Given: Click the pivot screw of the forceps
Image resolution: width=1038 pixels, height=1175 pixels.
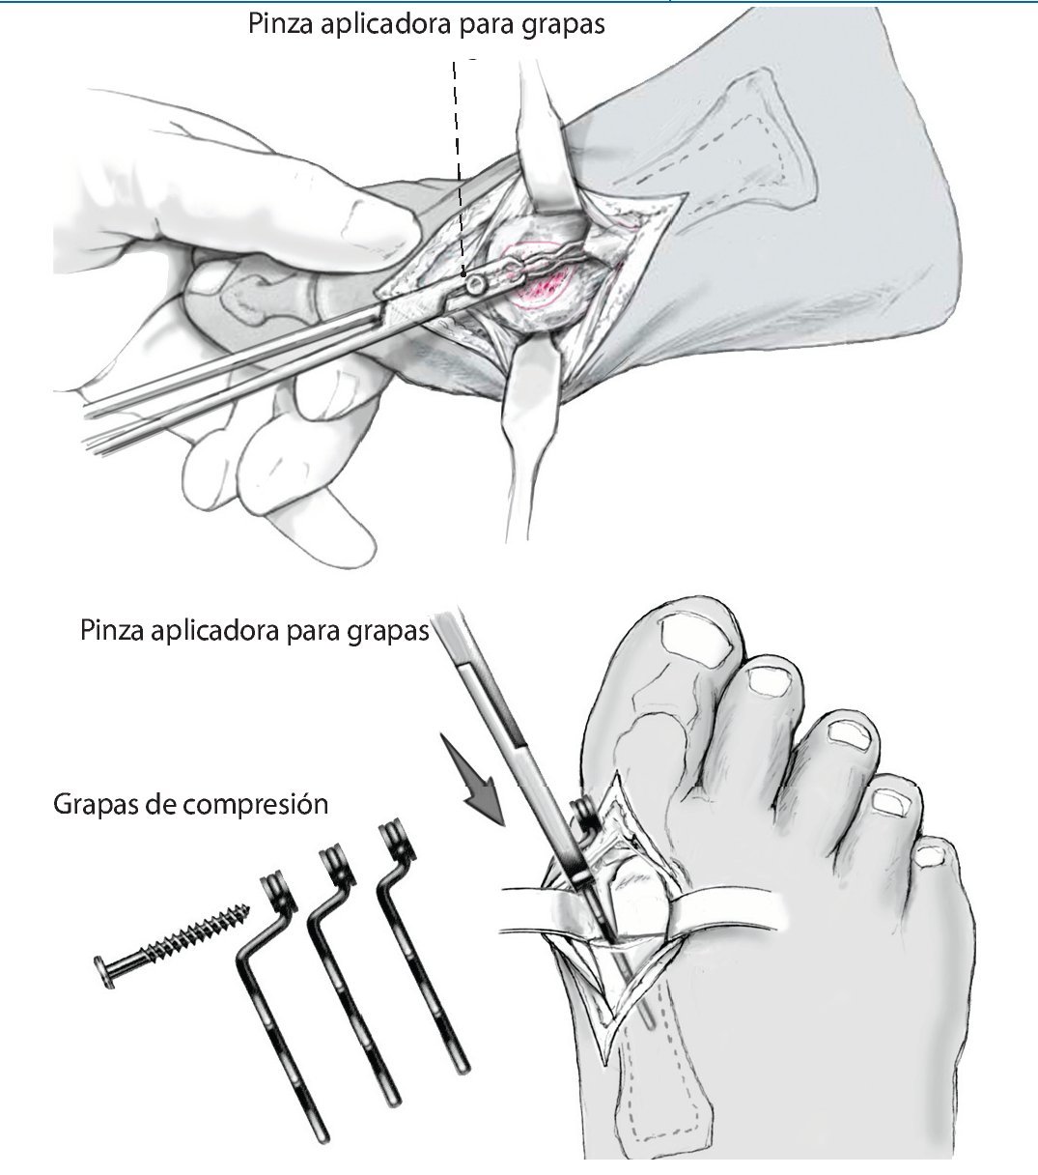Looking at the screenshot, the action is tap(475, 285).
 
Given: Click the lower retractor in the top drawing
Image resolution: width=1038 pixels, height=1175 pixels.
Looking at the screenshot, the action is tap(526, 416).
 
